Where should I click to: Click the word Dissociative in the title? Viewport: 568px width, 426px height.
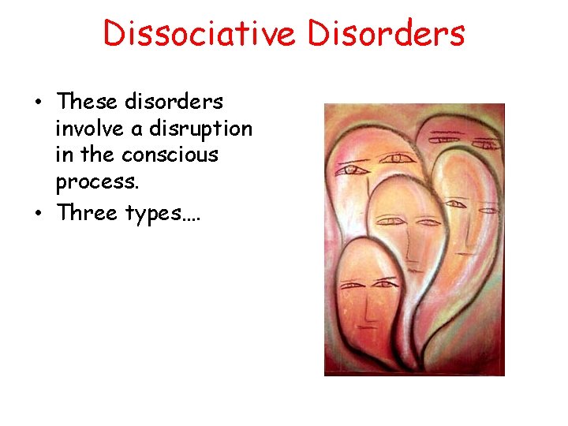(200, 33)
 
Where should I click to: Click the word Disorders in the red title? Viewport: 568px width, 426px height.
(385, 33)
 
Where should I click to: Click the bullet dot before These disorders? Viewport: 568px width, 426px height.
(37, 103)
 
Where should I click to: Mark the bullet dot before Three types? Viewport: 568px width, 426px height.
(37, 213)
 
